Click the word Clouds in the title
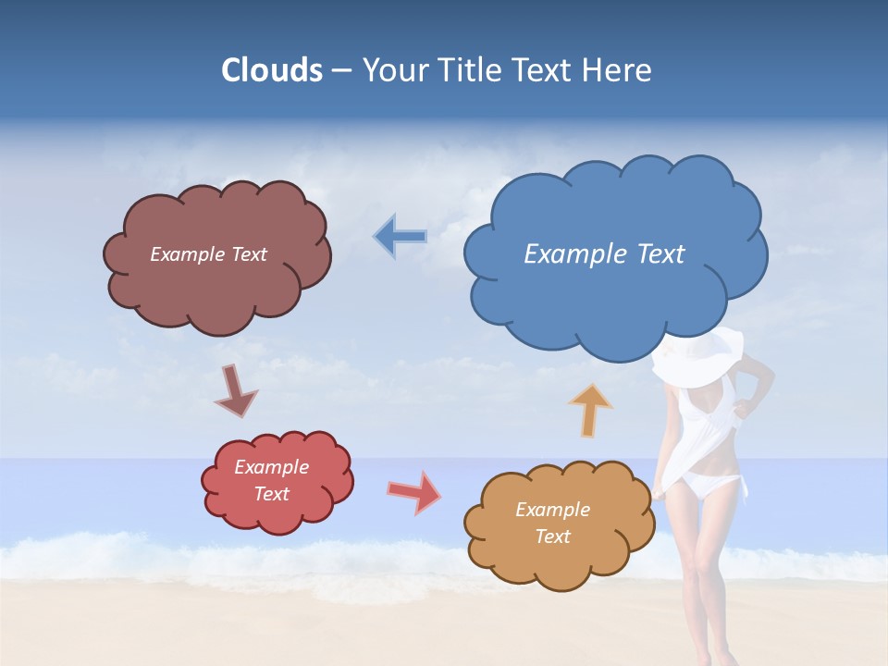pyautogui.click(x=271, y=70)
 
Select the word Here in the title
pyautogui.click(x=619, y=70)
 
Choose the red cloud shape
pyautogui.click(x=277, y=513)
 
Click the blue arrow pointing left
pyautogui.click(x=400, y=237)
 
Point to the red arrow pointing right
pyautogui.click(x=414, y=492)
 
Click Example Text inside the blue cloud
pyautogui.click(x=604, y=254)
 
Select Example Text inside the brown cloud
pyautogui.click(x=208, y=254)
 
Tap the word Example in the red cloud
pyautogui.click(x=271, y=467)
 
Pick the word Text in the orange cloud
pyautogui.click(x=552, y=536)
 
